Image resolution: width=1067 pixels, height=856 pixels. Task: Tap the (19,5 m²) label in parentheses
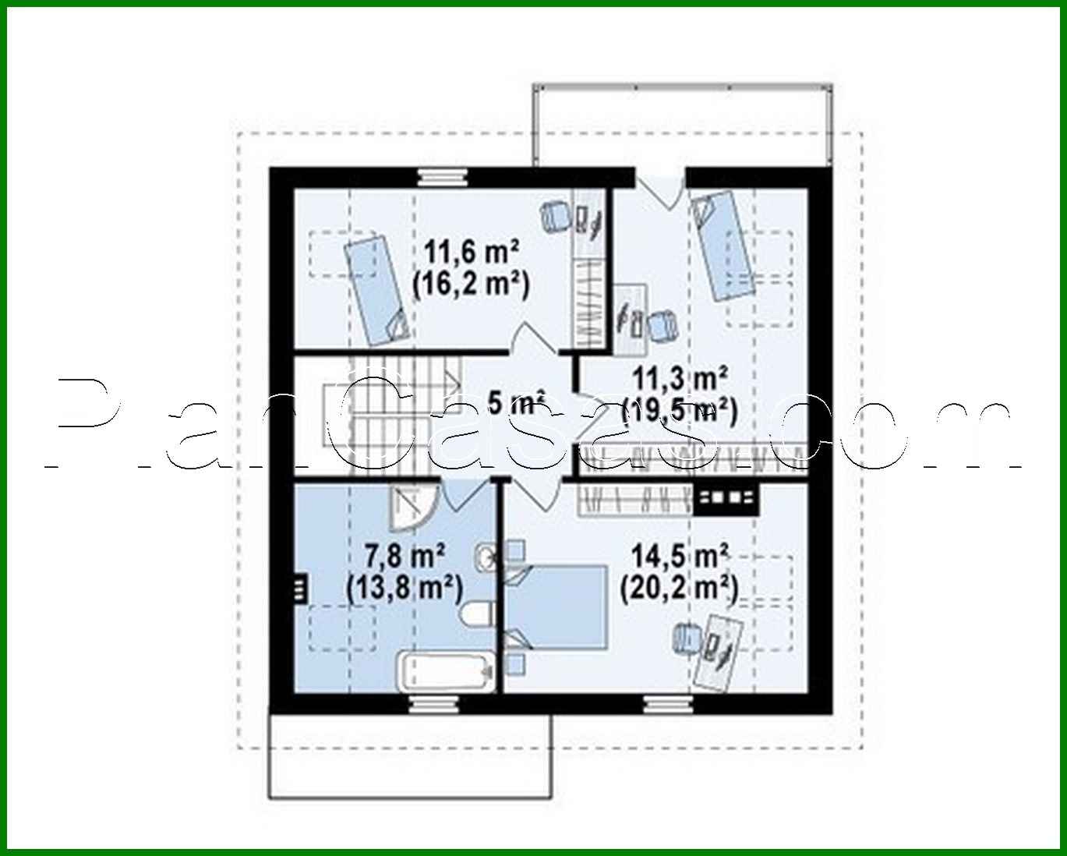679,410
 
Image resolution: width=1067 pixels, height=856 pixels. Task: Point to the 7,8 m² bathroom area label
405,557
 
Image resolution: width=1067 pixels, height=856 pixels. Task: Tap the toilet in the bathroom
477,615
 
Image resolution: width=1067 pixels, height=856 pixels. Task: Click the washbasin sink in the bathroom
485,557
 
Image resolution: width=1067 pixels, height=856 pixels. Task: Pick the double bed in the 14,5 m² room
556,606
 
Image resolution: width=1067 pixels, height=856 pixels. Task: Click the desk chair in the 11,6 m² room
555,215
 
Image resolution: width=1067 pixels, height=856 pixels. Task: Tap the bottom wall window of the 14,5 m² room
669,706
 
